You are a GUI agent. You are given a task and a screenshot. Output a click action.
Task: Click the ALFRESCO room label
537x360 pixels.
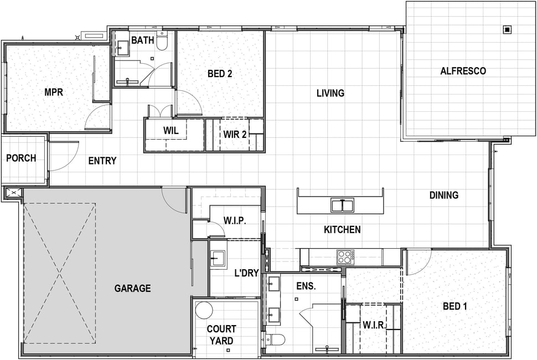click(463, 71)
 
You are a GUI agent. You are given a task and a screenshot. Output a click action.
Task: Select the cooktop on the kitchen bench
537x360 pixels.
click(345, 257)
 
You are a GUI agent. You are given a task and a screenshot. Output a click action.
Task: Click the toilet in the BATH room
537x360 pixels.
click(162, 41)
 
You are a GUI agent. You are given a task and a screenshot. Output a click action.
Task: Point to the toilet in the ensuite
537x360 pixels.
click(275, 340)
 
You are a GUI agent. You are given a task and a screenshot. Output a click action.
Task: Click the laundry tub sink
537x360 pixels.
click(218, 258)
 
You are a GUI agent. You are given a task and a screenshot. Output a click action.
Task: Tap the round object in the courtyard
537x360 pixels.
click(205, 310)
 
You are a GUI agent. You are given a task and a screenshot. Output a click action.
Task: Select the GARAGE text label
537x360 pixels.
click(132, 289)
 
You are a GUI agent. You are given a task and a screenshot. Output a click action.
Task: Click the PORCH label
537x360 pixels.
click(21, 158)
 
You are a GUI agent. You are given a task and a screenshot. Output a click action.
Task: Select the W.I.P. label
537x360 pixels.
click(235, 220)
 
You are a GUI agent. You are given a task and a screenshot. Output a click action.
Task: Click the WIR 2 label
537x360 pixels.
click(235, 135)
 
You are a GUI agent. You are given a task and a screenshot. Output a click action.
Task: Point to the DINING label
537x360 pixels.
click(444, 196)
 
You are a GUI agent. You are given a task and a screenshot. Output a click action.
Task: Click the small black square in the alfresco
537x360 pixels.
click(507, 30)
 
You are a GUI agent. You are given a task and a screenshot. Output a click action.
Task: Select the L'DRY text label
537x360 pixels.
click(246, 273)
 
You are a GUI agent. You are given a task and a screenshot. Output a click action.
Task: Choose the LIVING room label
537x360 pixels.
click(330, 93)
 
